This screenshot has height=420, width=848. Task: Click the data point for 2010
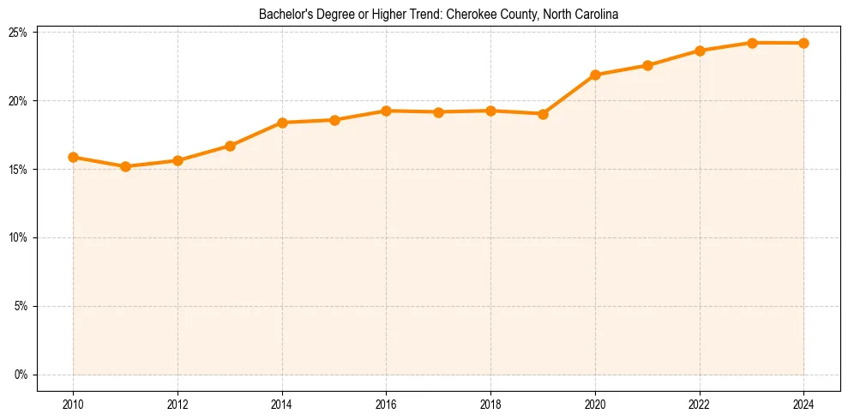pos(73,158)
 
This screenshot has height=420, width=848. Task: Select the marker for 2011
pos(125,166)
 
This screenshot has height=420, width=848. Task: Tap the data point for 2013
pos(230,146)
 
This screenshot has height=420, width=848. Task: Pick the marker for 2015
pos(334,120)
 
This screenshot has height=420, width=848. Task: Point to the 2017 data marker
pos(438,112)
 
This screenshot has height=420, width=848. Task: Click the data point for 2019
pos(543,114)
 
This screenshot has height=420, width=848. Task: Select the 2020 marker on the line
pos(595,75)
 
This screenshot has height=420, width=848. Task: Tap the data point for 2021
pos(647,65)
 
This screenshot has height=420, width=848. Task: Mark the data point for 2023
pos(752,43)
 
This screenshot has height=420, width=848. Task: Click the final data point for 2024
pos(804,43)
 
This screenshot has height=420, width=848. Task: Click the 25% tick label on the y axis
pos(18,33)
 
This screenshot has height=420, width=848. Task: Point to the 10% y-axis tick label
pos(18,237)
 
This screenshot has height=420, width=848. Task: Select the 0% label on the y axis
pos(21,375)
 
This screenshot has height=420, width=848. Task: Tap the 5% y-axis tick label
pos(21,306)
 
